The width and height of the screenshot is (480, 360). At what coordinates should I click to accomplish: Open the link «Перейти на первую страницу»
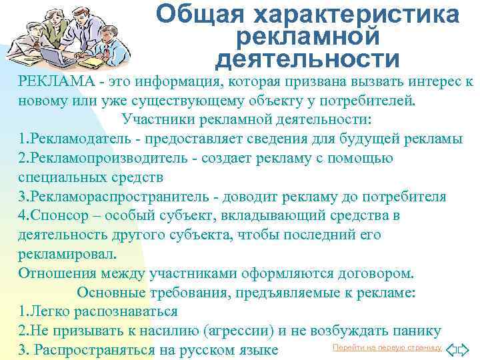387,348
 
